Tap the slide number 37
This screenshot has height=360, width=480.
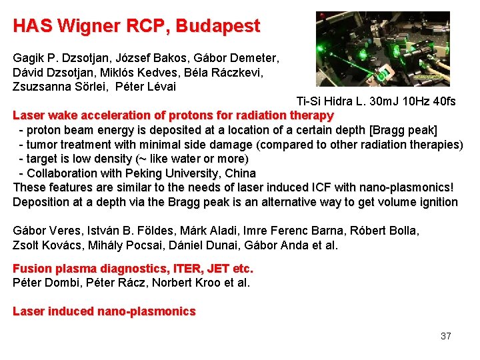[446, 336]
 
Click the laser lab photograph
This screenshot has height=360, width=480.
[382, 49]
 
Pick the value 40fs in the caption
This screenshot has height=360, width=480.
[443, 101]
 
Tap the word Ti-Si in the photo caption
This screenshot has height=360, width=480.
[309, 101]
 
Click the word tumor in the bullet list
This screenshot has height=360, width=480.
[41, 145]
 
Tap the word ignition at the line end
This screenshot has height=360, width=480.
[437, 202]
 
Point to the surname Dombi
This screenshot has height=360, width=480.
[61, 283]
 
